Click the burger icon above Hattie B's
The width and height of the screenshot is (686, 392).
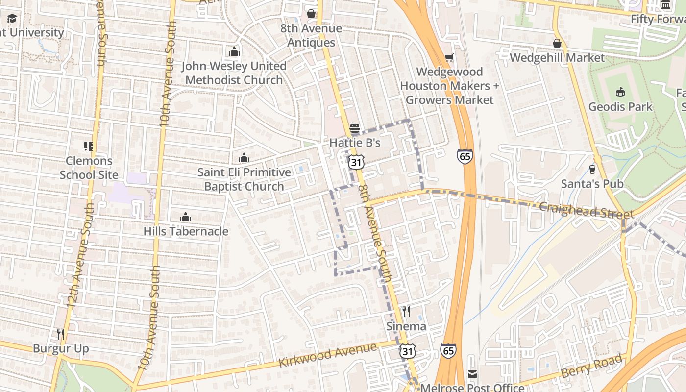point(355,129)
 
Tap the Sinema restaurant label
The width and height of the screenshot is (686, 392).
point(406,326)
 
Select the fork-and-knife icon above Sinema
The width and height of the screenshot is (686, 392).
point(406,312)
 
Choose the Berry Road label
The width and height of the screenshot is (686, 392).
point(593,365)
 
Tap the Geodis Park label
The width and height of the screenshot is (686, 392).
point(620,106)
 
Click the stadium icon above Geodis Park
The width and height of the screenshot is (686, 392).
point(620,92)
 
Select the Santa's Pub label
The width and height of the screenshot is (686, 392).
point(592,184)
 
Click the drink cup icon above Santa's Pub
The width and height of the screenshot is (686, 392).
point(592,169)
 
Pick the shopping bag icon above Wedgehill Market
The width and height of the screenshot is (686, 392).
point(557,43)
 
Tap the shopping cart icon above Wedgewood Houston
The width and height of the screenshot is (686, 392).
point(449,57)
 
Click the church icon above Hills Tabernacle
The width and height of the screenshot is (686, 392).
point(186,217)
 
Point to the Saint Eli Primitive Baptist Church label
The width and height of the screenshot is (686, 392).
point(244,179)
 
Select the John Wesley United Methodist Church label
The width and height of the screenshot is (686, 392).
point(234,73)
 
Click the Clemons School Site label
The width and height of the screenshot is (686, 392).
point(89,168)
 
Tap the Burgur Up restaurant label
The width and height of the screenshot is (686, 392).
point(61,348)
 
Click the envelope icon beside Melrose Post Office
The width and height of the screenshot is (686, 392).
point(472,374)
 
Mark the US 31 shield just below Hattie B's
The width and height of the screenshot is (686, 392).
point(356,162)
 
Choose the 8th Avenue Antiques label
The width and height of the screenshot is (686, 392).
point(311,35)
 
